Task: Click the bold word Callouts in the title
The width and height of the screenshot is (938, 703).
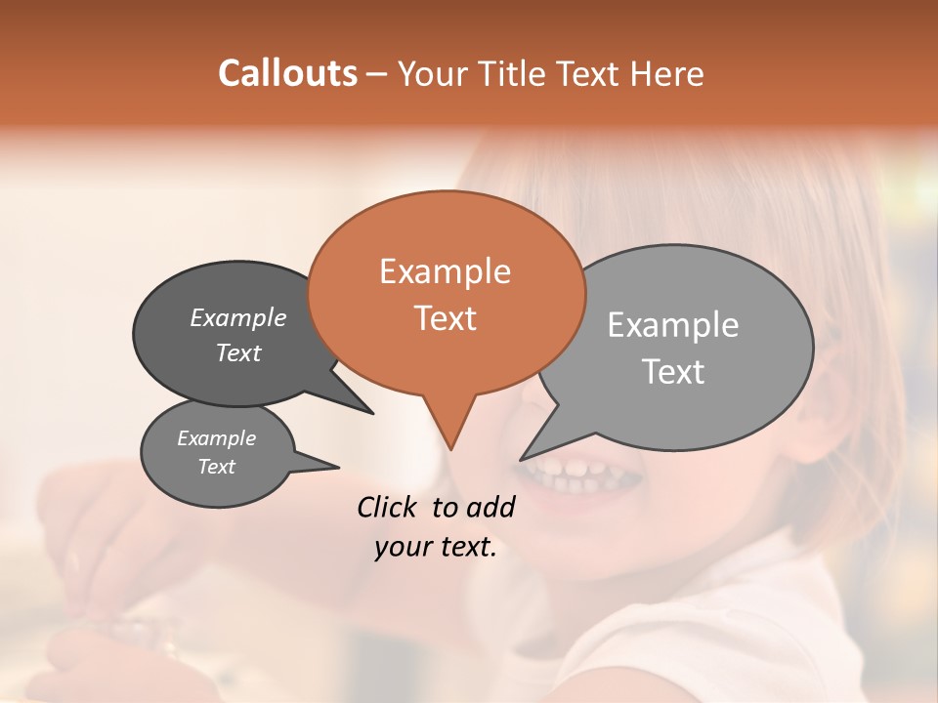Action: pos(287,73)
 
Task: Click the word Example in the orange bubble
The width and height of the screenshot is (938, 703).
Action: pos(445,271)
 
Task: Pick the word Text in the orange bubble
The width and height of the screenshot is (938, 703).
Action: pos(445,318)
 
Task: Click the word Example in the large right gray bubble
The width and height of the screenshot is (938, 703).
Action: pos(672,325)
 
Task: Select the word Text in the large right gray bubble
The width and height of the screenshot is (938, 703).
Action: pos(672,372)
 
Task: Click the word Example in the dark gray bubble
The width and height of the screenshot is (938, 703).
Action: pos(237,318)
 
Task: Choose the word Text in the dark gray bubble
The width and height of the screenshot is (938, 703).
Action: pos(237,353)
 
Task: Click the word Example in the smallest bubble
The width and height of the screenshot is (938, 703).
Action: pos(216,438)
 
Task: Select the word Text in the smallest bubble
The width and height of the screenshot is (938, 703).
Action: pos(216,467)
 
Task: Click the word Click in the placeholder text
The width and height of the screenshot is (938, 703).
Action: pos(390,507)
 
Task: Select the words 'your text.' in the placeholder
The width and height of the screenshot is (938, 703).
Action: pos(435,548)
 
